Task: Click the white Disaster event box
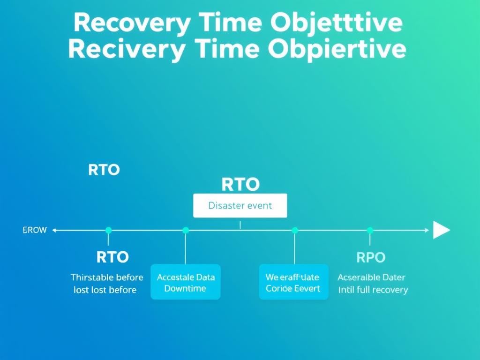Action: (x=240, y=205)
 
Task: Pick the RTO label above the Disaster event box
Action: (x=240, y=185)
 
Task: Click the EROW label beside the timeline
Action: (x=35, y=230)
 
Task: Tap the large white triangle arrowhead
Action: (x=441, y=230)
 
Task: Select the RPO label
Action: (x=371, y=257)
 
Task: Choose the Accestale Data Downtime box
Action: (x=185, y=282)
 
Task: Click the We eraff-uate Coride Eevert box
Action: (x=293, y=282)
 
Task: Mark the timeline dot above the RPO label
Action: (x=370, y=230)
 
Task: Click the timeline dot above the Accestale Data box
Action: (x=186, y=230)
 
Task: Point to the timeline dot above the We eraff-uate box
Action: (x=295, y=230)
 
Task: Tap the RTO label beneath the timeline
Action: (x=112, y=257)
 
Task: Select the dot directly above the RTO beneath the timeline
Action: (x=109, y=230)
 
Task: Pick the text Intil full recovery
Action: (x=373, y=290)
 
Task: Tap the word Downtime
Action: (x=185, y=288)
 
